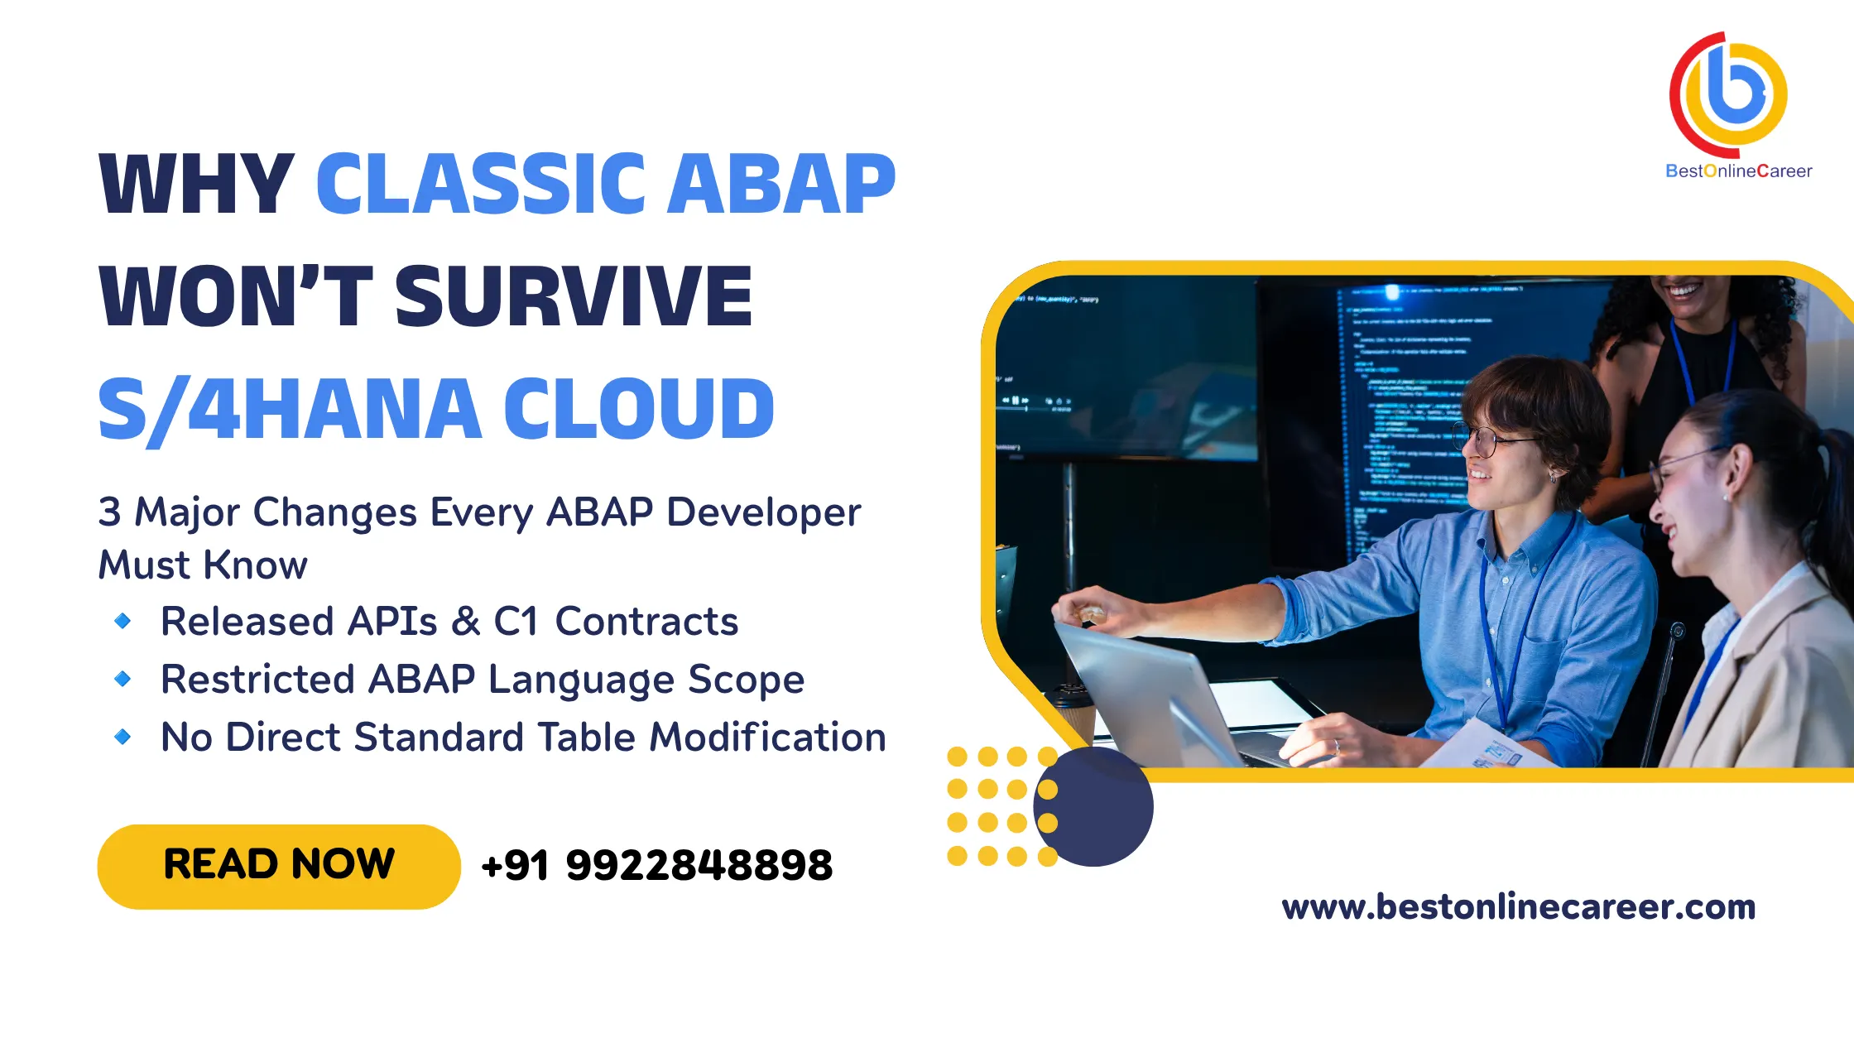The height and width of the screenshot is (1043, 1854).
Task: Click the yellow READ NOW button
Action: (x=279, y=866)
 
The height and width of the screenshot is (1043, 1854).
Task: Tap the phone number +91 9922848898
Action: (x=657, y=866)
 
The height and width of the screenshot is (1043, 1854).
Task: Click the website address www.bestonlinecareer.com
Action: (x=1519, y=907)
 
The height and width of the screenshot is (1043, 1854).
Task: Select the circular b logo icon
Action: (x=1729, y=94)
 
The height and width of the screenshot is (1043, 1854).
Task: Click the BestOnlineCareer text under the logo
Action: (x=1738, y=171)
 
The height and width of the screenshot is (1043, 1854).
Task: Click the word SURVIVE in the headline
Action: (x=574, y=296)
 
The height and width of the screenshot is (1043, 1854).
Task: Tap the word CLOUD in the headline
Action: (x=639, y=408)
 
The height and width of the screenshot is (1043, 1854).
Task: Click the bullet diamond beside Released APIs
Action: (x=122, y=621)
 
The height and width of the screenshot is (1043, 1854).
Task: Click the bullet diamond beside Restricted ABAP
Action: (x=122, y=679)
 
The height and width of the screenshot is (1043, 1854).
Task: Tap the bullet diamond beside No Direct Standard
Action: (x=122, y=737)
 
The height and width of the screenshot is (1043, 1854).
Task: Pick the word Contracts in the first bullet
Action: (x=646, y=622)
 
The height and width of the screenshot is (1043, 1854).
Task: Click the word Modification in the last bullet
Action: (x=767, y=737)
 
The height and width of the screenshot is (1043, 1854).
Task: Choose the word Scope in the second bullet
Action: (x=746, y=680)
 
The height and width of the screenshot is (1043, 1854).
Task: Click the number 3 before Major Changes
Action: (x=109, y=512)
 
